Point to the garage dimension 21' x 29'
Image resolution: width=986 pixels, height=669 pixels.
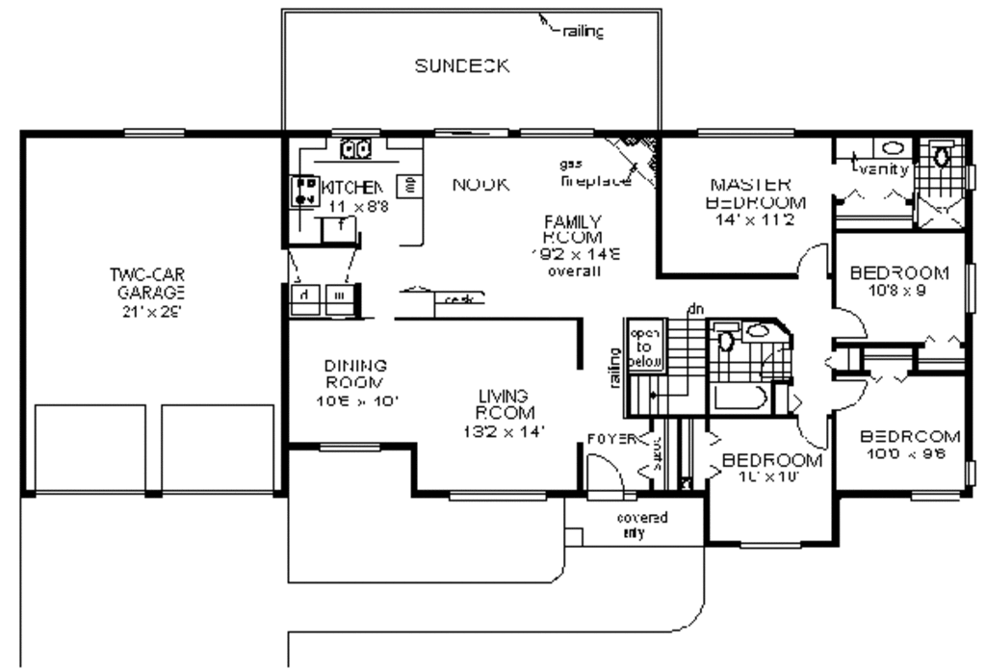click(146, 311)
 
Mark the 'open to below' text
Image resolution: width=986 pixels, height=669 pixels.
click(642, 347)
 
